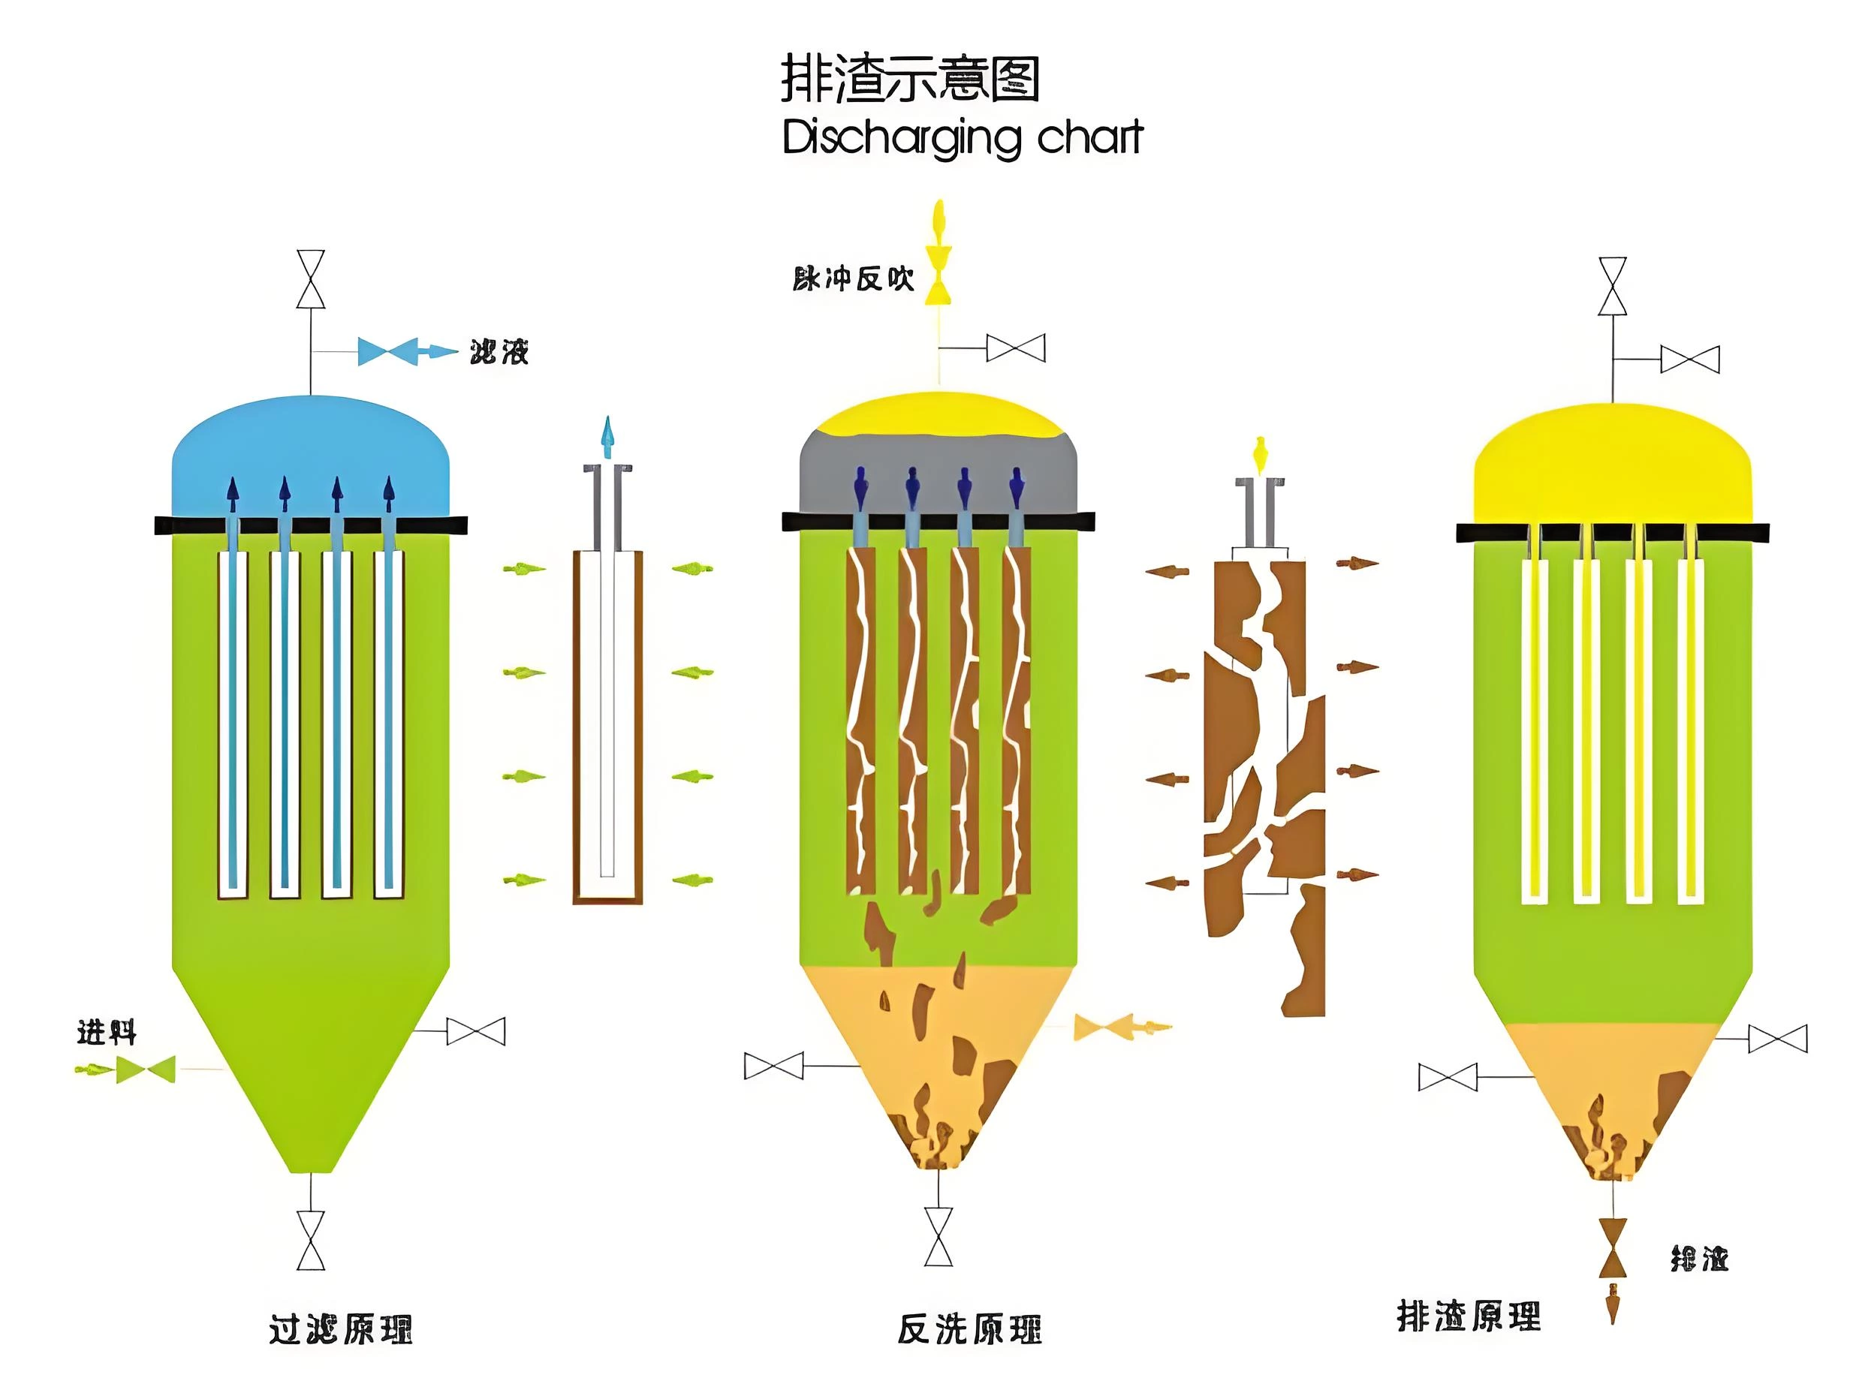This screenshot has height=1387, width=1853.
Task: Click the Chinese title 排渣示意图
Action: [910, 80]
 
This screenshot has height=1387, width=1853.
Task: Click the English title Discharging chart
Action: [962, 138]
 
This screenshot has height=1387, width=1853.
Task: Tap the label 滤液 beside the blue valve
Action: [499, 352]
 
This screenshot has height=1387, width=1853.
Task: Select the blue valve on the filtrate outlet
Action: [388, 351]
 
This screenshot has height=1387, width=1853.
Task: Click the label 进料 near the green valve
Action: [107, 1033]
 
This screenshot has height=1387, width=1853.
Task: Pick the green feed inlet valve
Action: [146, 1070]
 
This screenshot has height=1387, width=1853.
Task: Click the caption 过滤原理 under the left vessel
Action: [340, 1329]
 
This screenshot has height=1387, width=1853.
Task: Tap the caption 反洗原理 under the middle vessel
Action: [969, 1329]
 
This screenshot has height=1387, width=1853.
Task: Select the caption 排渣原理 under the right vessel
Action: [1468, 1316]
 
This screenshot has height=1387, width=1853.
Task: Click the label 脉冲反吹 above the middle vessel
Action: [853, 279]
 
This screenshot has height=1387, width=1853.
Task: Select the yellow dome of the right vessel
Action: [1612, 469]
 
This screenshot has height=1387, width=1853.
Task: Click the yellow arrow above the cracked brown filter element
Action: [1258, 453]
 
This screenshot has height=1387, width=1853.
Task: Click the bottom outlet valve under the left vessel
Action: [311, 1241]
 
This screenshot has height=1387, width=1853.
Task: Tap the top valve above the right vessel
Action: [1613, 287]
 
